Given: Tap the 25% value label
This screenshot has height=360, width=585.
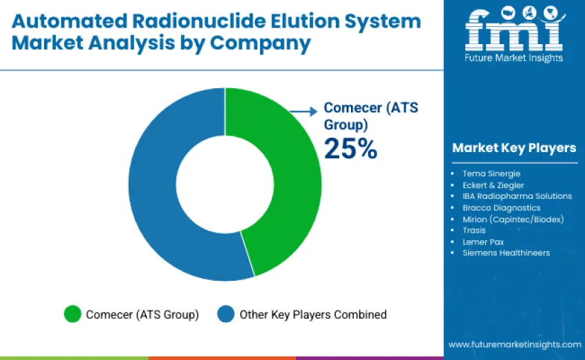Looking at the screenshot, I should (350, 149).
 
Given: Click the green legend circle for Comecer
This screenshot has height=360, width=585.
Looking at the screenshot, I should (72, 315).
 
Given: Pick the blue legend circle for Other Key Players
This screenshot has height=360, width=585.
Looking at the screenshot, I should (226, 315).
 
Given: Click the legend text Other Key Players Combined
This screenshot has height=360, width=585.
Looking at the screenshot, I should (312, 315).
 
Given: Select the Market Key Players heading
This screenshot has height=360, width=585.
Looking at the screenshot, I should (513, 148).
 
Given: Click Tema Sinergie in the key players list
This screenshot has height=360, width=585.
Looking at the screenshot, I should (492, 173).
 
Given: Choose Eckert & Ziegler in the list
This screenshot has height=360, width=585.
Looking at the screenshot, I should (493, 185).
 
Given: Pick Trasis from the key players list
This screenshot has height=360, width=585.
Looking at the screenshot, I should (474, 231).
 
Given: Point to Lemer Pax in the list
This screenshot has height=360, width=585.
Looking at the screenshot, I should (482, 242).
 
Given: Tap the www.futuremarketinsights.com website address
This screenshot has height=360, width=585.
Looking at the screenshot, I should (514, 344).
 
